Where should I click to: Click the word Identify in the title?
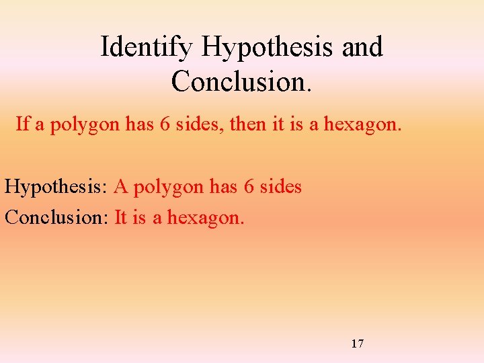(x=147, y=48)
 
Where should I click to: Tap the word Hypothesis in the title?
(x=268, y=48)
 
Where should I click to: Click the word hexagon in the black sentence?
(x=366, y=124)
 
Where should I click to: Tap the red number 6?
(x=249, y=186)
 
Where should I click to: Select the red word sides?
(x=281, y=186)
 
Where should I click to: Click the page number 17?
(x=358, y=344)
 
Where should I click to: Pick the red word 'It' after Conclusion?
(x=121, y=217)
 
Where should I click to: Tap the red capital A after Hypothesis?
(x=121, y=186)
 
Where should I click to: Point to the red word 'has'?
(x=224, y=186)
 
